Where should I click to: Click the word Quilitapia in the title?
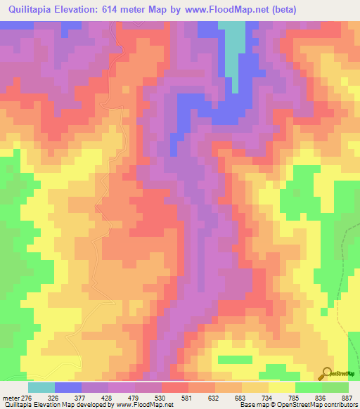tap(34, 10)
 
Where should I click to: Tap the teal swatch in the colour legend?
tap(41, 387)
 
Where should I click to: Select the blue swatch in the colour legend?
tap(68, 387)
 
